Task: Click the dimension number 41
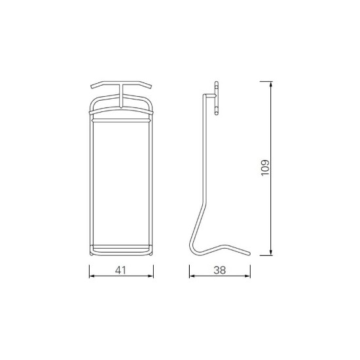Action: [x=120, y=270]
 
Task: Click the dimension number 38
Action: [x=220, y=270]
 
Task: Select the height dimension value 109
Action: [x=265, y=168]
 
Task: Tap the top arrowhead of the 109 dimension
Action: [x=271, y=84]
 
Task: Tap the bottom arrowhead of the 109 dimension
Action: [x=271, y=252]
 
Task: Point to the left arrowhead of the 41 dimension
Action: [x=92, y=276]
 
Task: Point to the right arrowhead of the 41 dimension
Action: [x=151, y=276]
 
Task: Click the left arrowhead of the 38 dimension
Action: [x=192, y=276]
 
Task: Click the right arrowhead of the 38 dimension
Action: [x=247, y=276]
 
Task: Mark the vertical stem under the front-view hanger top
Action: [x=121, y=96]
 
